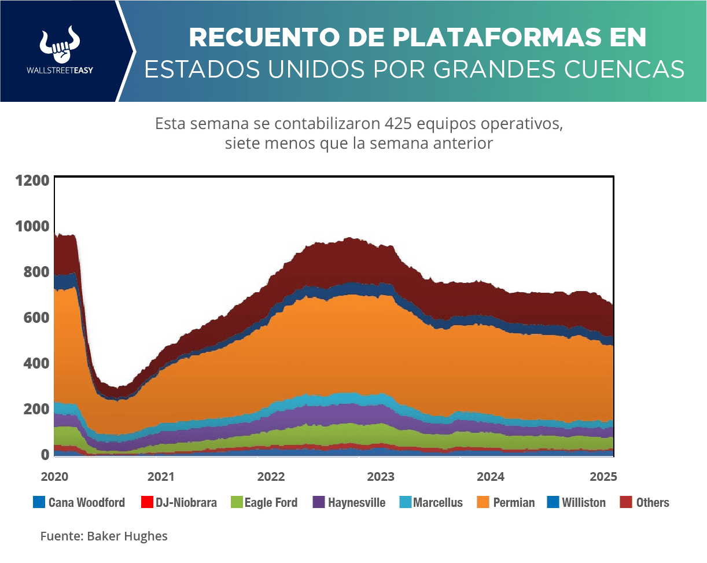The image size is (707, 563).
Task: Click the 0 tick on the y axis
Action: pos(44,455)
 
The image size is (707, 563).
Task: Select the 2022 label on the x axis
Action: pos(271,477)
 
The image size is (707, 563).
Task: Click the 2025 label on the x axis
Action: pos(603,477)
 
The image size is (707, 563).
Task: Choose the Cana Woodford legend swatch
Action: pos(39,502)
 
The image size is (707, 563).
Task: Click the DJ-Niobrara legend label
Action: pos(186,503)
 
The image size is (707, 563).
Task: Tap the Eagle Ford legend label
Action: pos(271,503)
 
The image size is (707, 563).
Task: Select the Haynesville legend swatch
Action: pos(319,502)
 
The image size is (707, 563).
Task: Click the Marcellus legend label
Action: pos(438,503)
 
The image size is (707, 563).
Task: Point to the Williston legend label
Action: pos(584,503)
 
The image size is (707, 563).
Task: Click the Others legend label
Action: pos(653,503)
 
